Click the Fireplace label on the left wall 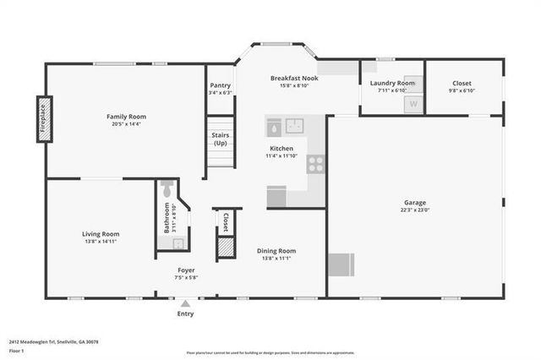(44, 119)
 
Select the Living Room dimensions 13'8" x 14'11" (101, 242)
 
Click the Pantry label (220, 85)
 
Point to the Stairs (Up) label (220, 139)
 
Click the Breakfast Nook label (293, 78)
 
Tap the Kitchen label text (281, 148)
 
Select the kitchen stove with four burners (315, 164)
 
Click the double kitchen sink (294, 127)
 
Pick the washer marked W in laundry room (413, 104)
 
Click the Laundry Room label (393, 83)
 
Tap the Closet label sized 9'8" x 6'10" (462, 83)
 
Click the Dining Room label (276, 250)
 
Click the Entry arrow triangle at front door (185, 303)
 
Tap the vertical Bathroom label (167, 217)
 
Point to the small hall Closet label (226, 221)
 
